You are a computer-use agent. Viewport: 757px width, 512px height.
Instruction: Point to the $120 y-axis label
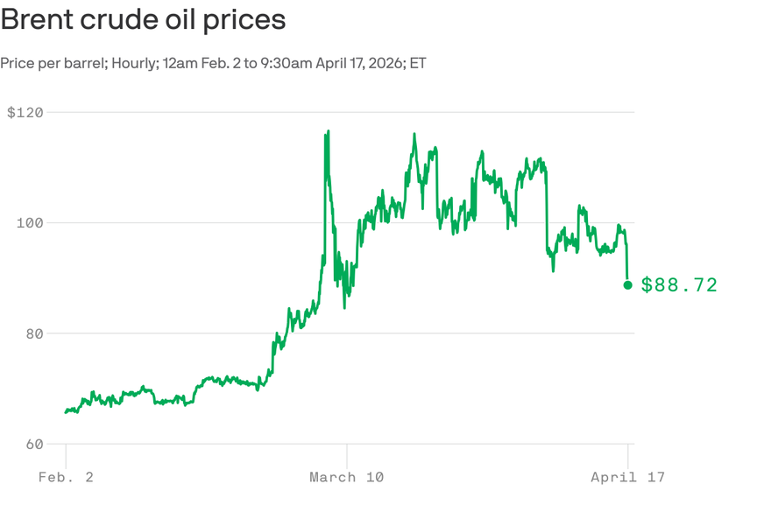coord(25,112)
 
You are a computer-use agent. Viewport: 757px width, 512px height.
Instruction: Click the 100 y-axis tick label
coord(31,223)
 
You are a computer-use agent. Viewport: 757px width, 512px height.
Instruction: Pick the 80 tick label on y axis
coord(34,333)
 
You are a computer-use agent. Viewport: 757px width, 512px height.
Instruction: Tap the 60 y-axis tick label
coord(34,444)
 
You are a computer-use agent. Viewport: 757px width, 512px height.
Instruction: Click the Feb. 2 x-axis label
coord(67,477)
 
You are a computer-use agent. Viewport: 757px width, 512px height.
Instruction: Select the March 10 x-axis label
coord(346,477)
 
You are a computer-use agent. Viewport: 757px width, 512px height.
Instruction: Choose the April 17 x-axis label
coord(627,477)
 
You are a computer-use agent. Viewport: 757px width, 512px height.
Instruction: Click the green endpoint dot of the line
coord(627,284)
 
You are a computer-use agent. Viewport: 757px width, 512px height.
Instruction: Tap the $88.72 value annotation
coord(679,284)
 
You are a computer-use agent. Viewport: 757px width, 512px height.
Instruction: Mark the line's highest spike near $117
coord(328,131)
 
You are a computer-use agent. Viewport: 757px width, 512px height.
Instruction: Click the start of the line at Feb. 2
coord(66,412)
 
